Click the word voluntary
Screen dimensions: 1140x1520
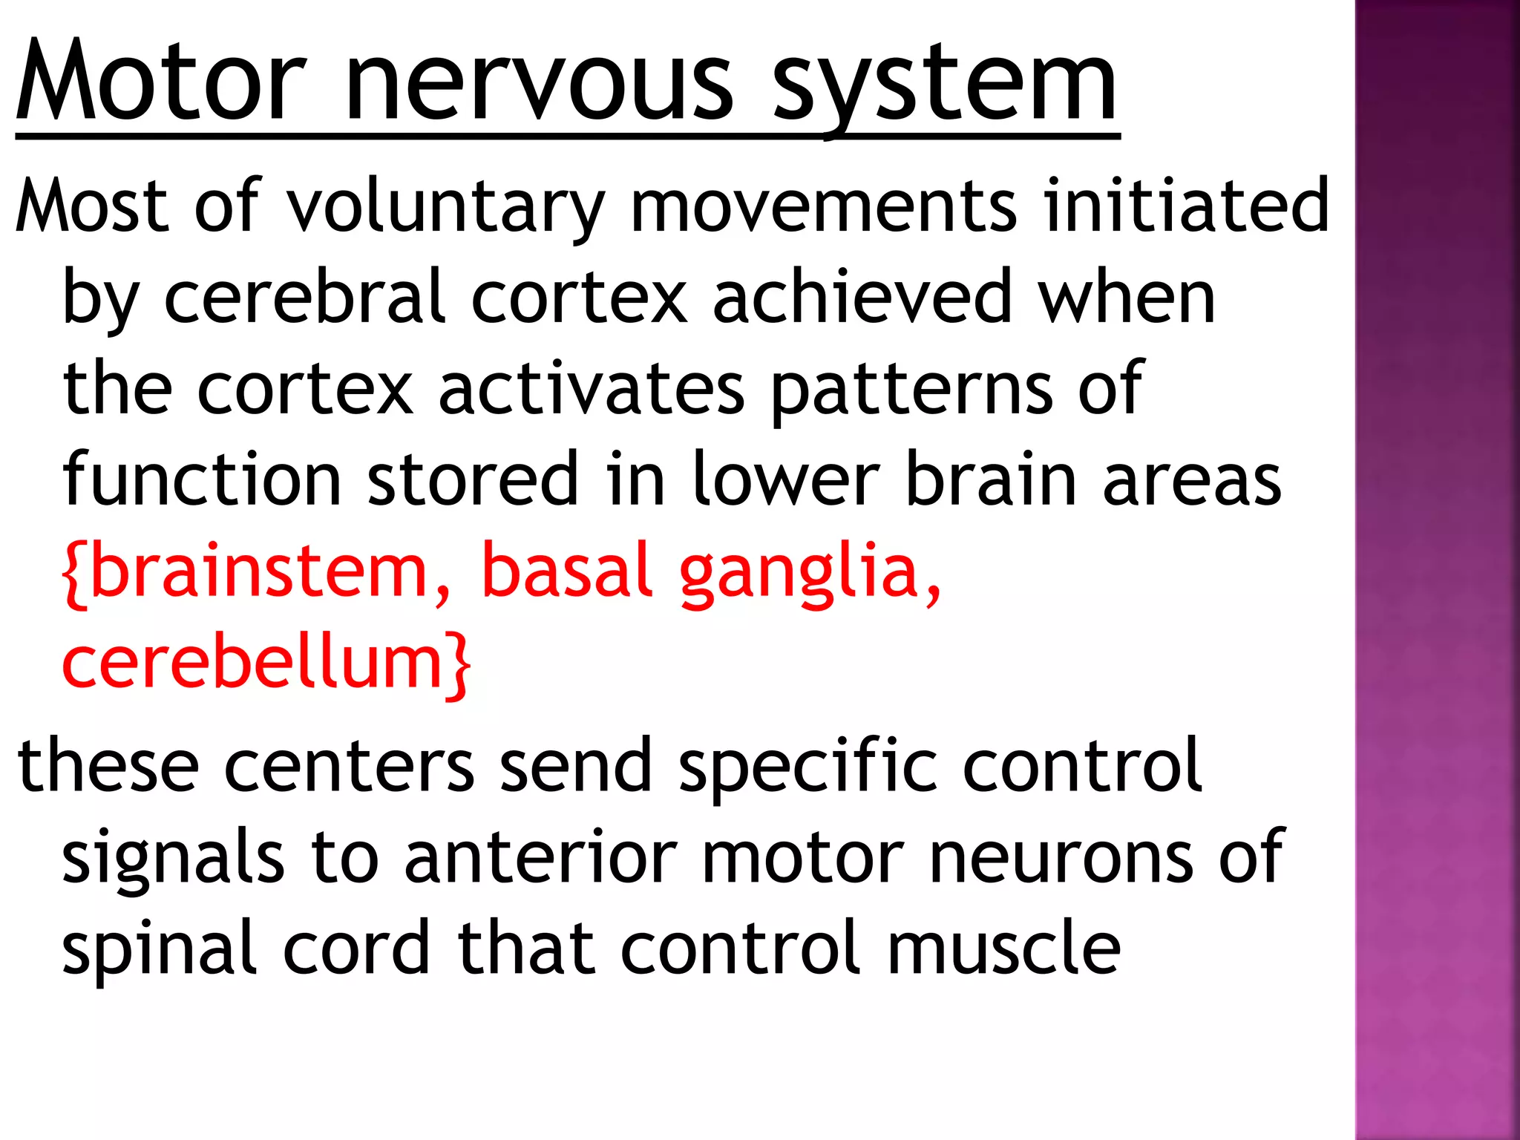coord(445,206)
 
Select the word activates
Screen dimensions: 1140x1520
coord(591,387)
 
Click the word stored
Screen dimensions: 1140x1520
coord(473,479)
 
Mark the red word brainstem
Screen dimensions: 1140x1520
coord(257,571)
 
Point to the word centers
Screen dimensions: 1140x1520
coord(349,765)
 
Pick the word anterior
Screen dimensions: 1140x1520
coord(540,857)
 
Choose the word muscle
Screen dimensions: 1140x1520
coord(1003,948)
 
